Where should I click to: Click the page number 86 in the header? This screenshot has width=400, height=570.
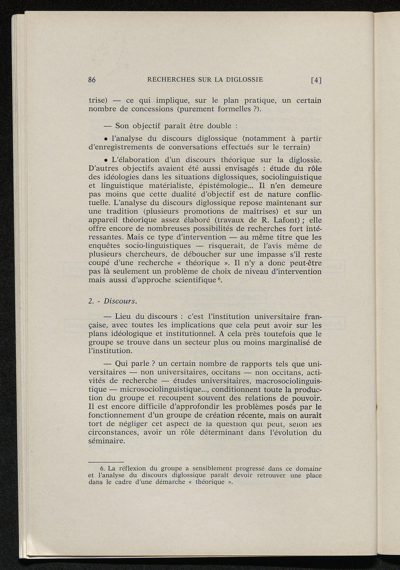tap(92, 80)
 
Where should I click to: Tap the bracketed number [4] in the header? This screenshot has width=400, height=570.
tap(316, 81)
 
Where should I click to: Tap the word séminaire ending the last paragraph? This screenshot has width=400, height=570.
tap(107, 441)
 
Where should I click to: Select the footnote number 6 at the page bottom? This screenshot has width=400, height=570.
tap(103, 468)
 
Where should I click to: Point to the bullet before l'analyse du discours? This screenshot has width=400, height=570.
tap(106, 139)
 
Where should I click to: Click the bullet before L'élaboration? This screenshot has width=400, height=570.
tap(106, 160)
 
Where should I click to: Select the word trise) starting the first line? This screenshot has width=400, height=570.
tap(98, 100)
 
